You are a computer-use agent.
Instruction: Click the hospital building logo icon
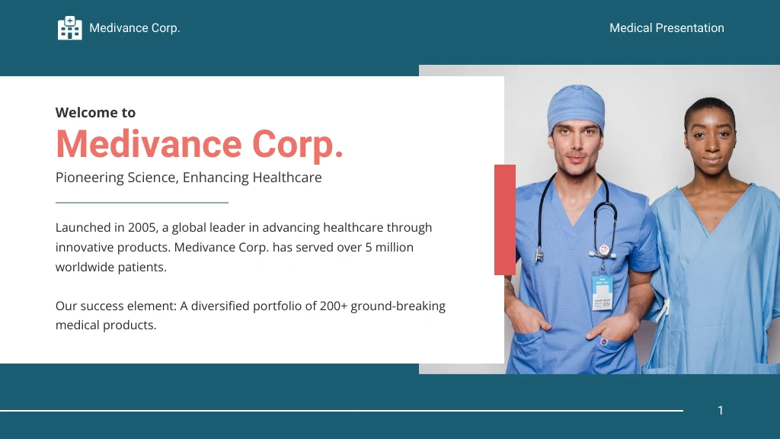point(69,28)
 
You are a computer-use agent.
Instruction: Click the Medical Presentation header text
point(667,28)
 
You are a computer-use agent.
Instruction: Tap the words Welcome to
point(95,113)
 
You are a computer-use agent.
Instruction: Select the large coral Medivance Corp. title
point(200,144)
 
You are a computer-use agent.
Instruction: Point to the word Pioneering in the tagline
point(89,178)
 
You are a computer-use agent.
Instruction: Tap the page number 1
point(720,411)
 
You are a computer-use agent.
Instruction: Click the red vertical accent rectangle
point(504,219)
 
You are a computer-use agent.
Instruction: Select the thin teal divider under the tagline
point(142,203)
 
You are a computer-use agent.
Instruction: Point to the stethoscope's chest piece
point(604,249)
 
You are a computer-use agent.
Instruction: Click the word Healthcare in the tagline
point(287,178)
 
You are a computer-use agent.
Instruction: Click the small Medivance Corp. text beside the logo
point(134,28)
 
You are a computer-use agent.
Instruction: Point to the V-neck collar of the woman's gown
point(708,221)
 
